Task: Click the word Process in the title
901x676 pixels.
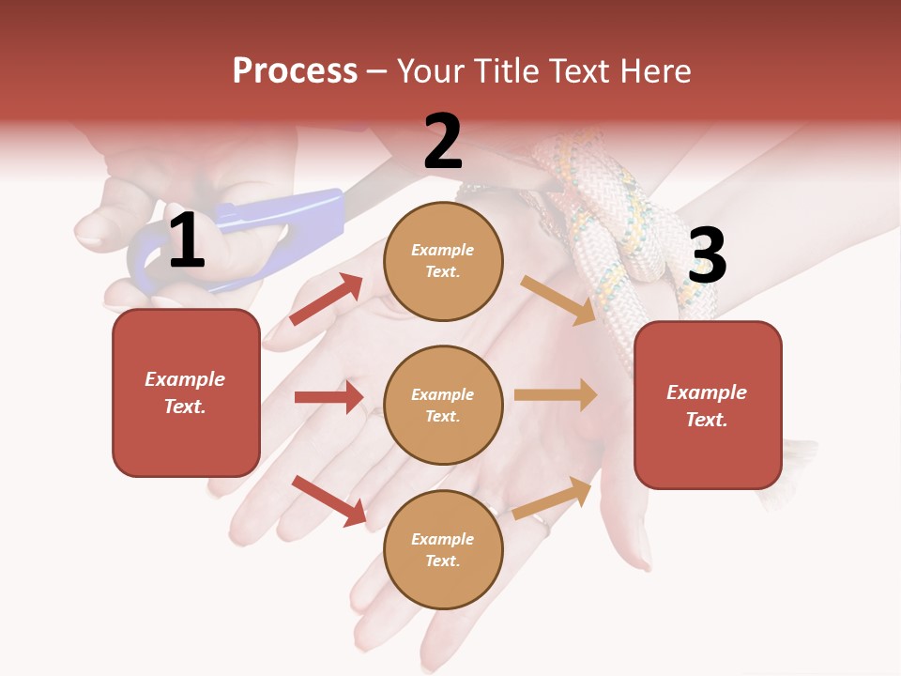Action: coord(295,71)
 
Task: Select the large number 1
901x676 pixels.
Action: coord(187,241)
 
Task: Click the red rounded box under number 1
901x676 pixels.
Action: coord(186,392)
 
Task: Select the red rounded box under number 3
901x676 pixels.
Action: coord(708,406)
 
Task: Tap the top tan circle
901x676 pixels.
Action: coord(443,260)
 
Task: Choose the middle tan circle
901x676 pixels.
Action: coord(443,405)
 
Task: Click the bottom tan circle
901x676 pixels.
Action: coord(443,549)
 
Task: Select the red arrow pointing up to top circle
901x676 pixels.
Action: coord(327,300)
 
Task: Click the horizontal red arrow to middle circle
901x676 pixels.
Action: coord(328,397)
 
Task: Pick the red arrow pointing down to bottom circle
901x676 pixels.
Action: coord(328,500)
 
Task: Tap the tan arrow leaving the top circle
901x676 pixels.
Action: coord(557,300)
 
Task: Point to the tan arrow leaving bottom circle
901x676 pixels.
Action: coord(552,498)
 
